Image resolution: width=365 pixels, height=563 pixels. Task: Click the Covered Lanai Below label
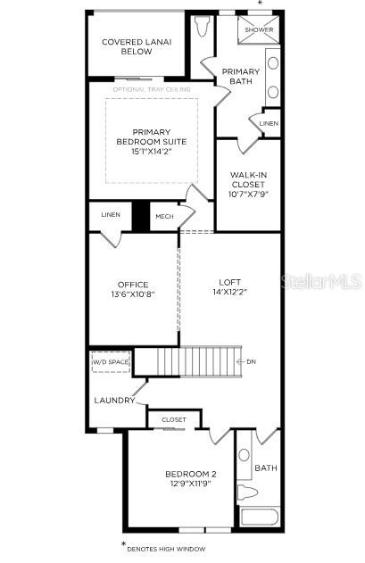pos(137,46)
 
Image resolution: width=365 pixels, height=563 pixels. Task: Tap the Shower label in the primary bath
pos(260,29)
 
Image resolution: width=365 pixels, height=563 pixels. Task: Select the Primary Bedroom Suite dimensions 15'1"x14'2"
pos(151,152)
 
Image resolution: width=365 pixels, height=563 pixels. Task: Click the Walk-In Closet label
pos(249,185)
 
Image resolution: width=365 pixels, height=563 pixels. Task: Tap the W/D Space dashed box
pos(112,362)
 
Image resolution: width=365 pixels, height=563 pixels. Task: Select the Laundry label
pos(114,400)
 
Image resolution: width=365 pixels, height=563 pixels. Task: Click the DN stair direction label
pos(251,362)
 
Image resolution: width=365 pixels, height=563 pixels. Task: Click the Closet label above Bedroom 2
pos(174,419)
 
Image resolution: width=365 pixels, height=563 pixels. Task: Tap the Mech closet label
pos(164,216)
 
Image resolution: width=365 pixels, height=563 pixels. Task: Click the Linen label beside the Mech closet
pos(110,215)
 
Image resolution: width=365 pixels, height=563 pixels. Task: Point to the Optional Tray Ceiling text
pos(153,89)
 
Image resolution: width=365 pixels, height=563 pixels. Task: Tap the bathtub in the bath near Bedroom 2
pos(260,517)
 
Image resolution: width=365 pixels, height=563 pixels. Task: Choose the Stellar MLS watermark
pos(321,281)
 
